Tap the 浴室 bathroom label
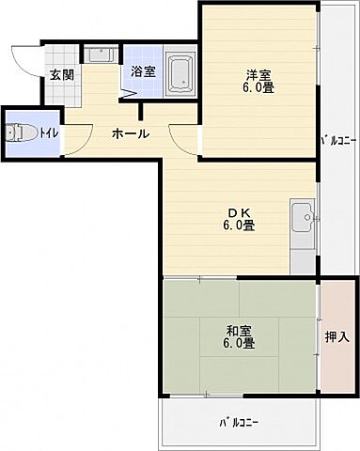pyautogui.click(x=143, y=71)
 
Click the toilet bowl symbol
pyautogui.click(x=24, y=133)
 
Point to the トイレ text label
pyautogui.click(x=50, y=133)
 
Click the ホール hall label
pyautogui.click(x=130, y=133)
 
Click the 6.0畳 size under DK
pyautogui.click(x=239, y=225)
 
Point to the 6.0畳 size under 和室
pyautogui.click(x=240, y=344)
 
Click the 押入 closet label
pyautogui.click(x=336, y=335)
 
